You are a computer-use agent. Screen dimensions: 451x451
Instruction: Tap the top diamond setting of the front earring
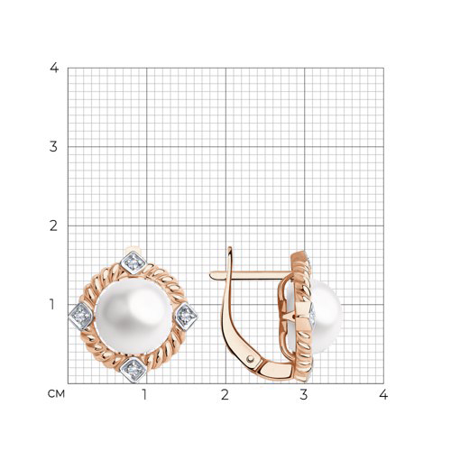133,263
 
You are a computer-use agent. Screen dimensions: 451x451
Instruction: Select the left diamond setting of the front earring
81,317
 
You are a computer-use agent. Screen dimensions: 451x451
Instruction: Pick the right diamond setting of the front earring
187,317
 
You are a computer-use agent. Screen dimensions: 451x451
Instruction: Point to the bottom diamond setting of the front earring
133,370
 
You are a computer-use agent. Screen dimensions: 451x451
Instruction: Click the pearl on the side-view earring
327,318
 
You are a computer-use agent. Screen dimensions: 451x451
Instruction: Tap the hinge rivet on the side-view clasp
250,358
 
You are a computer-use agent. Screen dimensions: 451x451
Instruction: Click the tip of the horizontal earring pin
210,274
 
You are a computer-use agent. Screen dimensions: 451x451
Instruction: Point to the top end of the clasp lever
230,248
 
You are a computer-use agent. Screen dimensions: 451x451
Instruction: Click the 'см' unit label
56,394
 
